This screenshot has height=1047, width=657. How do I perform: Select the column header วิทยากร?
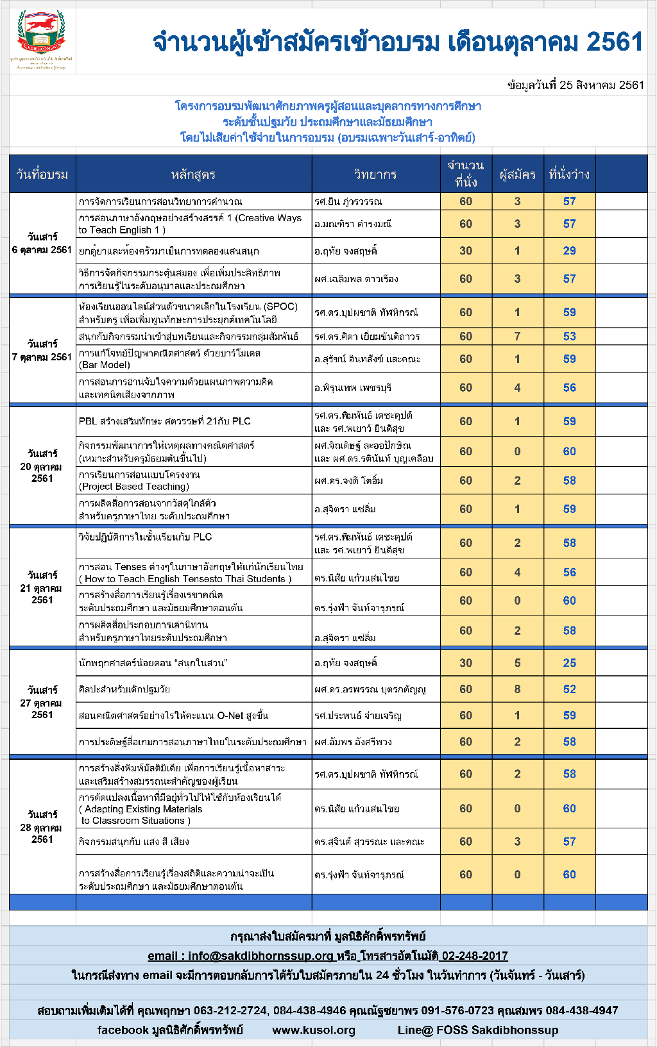[x=375, y=174]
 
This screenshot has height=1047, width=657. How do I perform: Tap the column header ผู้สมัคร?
[x=517, y=174]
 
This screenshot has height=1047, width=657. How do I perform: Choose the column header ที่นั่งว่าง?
[x=569, y=174]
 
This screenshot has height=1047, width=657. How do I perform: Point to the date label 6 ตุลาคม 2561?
[x=42, y=249]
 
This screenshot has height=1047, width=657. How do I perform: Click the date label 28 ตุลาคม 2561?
[x=42, y=827]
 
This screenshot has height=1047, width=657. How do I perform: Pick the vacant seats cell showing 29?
[x=569, y=251]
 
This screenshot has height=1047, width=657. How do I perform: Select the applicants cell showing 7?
[x=517, y=336]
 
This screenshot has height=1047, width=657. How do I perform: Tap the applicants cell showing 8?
[x=517, y=689]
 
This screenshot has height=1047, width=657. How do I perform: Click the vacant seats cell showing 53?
[x=569, y=336]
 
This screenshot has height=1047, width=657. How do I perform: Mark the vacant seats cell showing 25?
[x=569, y=663]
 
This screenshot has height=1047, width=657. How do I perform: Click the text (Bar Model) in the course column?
[x=105, y=365]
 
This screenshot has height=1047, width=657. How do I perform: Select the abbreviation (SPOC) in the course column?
[x=280, y=306]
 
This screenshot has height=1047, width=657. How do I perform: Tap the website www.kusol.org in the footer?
[x=314, y=1030]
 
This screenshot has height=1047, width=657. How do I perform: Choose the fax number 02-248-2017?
[x=475, y=956]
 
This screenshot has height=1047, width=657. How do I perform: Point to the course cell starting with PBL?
[x=165, y=421]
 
